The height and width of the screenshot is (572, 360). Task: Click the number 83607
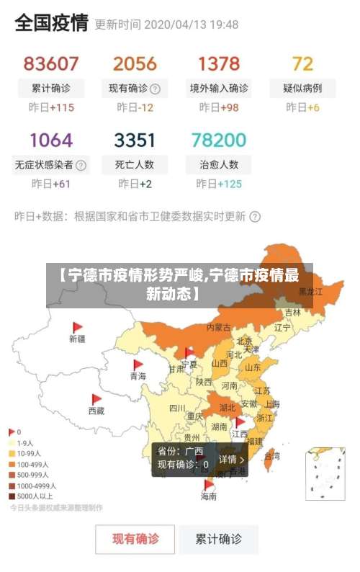pyautogui.click(x=51, y=63)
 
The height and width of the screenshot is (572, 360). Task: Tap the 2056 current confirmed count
pyautogui.click(x=135, y=63)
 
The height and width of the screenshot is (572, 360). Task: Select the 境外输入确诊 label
pyautogui.click(x=219, y=89)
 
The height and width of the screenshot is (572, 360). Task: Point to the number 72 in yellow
pyautogui.click(x=302, y=63)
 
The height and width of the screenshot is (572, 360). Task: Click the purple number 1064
pyautogui.click(x=51, y=139)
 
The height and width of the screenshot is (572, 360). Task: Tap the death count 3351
pyautogui.click(x=135, y=139)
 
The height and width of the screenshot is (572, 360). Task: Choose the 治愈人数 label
pyautogui.click(x=219, y=164)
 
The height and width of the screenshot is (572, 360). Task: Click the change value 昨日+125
pyautogui.click(x=219, y=184)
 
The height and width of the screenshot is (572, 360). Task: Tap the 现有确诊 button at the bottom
pyautogui.click(x=135, y=538)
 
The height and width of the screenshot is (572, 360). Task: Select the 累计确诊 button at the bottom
pyautogui.click(x=219, y=538)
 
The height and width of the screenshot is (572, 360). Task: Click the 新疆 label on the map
pyautogui.click(x=77, y=338)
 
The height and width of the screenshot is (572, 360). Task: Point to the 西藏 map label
pyautogui.click(x=96, y=411)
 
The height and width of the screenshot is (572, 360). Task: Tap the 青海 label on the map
pyautogui.click(x=138, y=376)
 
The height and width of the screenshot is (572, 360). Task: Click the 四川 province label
pyautogui.click(x=176, y=408)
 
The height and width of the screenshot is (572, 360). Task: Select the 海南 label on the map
pyautogui.click(x=209, y=496)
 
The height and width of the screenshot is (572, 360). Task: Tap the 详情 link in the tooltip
pyautogui.click(x=231, y=459)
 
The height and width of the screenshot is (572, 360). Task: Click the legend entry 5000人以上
pyautogui.click(x=34, y=496)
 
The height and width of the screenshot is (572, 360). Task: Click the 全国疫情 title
pyautogui.click(x=51, y=23)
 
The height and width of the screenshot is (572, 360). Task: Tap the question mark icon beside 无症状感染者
pyautogui.click(x=81, y=165)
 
